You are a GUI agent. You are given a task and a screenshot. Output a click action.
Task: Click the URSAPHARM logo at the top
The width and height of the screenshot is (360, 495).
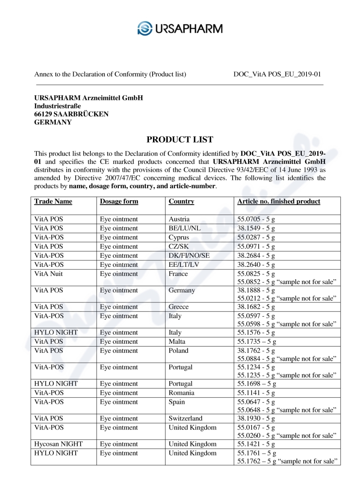click(180, 28)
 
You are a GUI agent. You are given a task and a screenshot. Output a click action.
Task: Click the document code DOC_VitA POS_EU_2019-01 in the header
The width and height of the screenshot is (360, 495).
click(277, 74)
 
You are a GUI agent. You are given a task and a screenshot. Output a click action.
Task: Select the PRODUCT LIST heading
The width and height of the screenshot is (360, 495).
click(180, 139)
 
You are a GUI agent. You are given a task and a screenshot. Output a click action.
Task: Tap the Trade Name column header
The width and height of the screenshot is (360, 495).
click(53, 201)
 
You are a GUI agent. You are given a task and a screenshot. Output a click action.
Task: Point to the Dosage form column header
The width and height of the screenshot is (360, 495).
click(119, 201)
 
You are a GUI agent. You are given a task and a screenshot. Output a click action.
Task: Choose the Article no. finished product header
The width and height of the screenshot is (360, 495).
click(279, 201)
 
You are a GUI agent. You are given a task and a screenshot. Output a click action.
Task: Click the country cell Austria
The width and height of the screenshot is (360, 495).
click(179, 219)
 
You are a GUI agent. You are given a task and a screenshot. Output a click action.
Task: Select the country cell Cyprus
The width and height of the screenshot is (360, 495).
click(179, 237)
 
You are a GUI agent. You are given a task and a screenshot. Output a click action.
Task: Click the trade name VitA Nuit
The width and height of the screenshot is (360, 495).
click(49, 274)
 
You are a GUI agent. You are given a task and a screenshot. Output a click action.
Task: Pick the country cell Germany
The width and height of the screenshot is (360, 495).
click(182, 290)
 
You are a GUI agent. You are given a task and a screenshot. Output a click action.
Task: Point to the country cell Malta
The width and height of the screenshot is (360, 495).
click(177, 342)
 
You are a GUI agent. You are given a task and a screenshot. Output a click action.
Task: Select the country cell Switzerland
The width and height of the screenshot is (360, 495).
click(185, 418)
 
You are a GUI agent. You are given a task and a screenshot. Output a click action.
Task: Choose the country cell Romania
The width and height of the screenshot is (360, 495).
click(182, 393)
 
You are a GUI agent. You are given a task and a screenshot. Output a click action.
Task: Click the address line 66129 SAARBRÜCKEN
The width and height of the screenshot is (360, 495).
click(72, 114)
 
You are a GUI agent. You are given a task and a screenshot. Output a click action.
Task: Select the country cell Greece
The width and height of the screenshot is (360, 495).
click(179, 307)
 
